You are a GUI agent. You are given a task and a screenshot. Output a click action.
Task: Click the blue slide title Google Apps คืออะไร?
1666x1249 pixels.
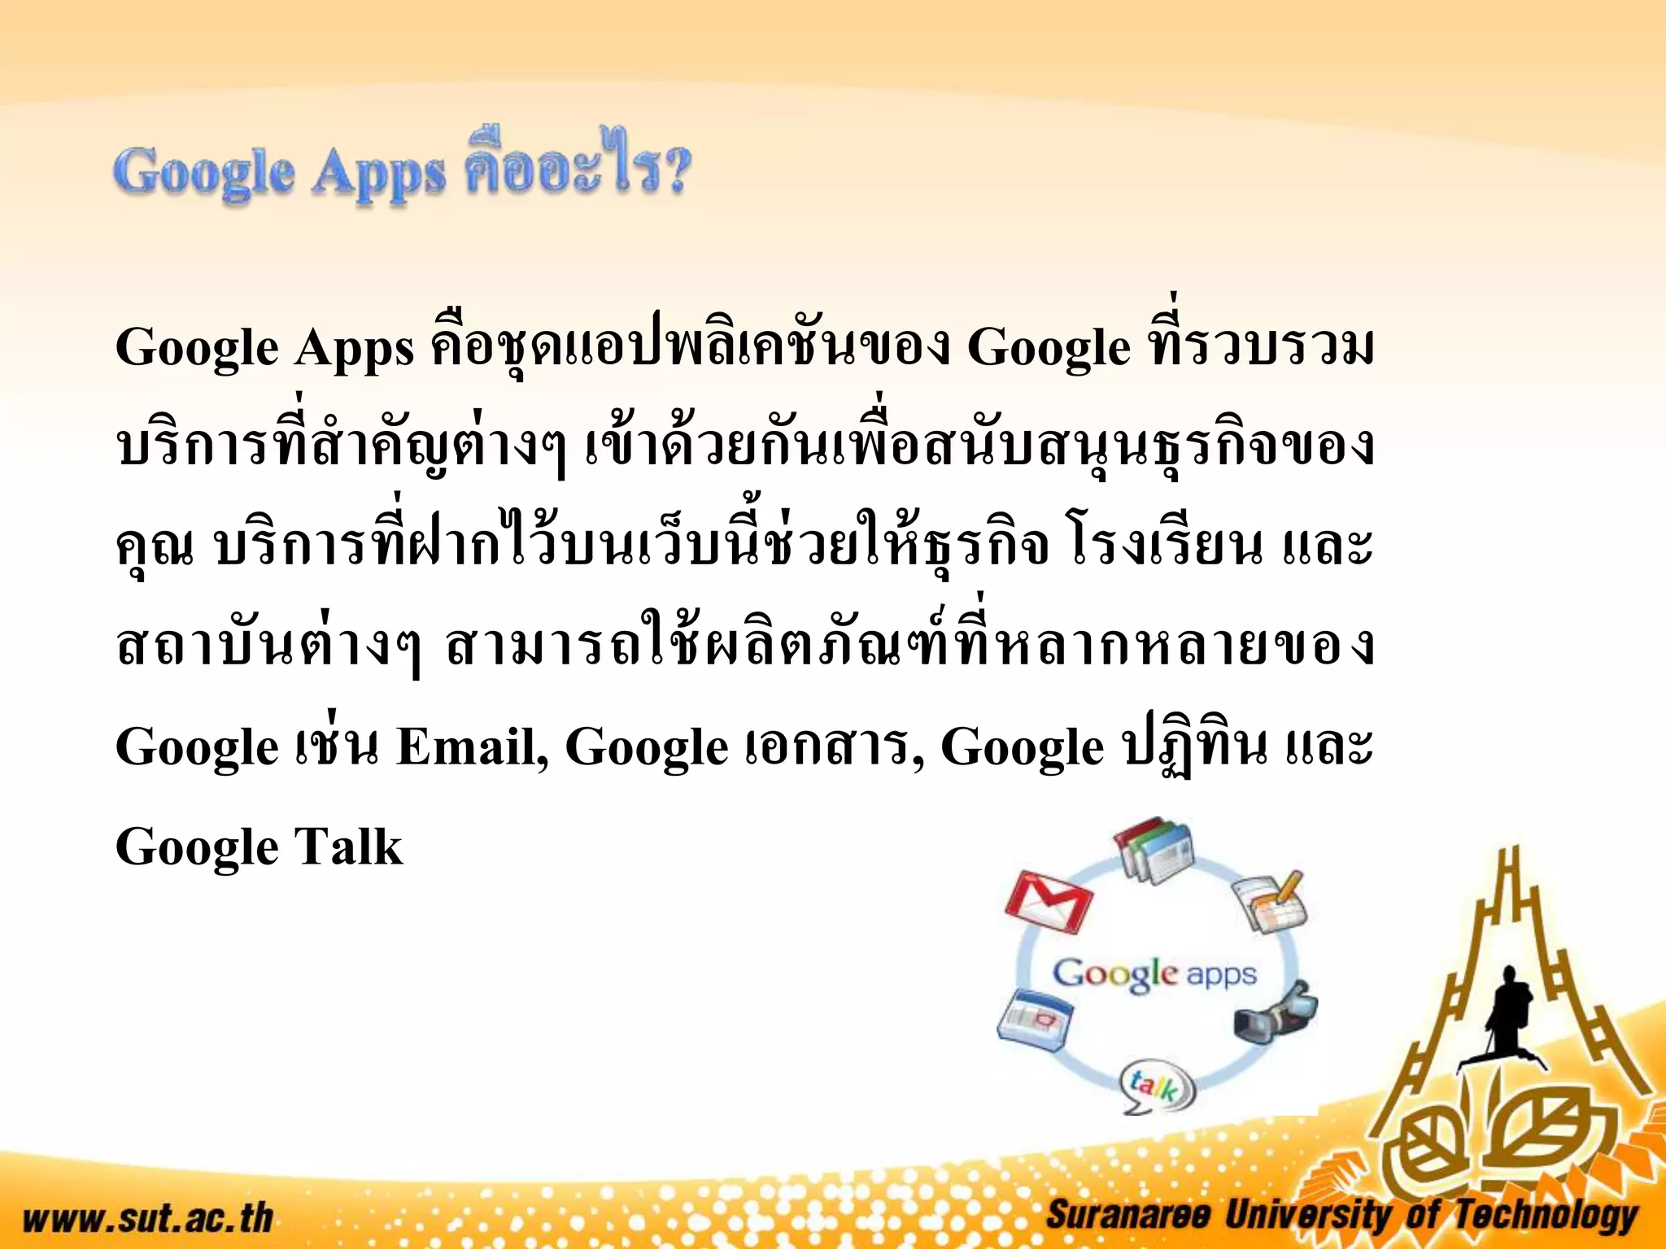403,172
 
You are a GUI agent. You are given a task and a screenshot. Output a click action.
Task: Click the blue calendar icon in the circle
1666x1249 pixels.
1034,1016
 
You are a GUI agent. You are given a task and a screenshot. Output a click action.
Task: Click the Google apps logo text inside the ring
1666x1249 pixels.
1154,973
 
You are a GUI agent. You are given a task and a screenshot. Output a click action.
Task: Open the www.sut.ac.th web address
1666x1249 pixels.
147,1217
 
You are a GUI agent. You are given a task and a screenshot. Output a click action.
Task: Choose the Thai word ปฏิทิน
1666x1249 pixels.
1193,746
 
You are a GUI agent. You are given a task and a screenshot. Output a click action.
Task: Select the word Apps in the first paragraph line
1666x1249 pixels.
354,349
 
